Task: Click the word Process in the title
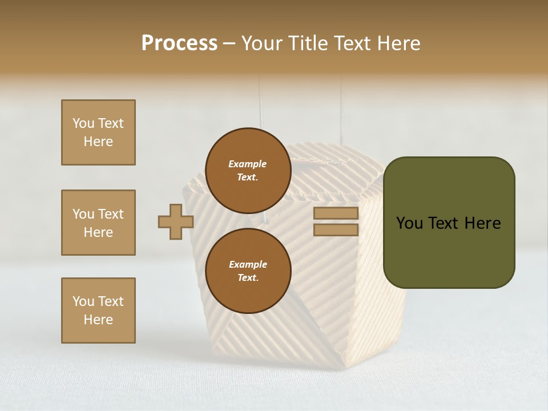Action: pyautogui.click(x=179, y=43)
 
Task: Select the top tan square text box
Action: pyautogui.click(x=98, y=132)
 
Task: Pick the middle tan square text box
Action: pyautogui.click(x=98, y=223)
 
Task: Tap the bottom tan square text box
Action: pyautogui.click(x=98, y=311)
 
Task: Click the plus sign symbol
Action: pyautogui.click(x=176, y=221)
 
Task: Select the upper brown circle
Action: pyautogui.click(x=248, y=170)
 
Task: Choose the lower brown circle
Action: pyautogui.click(x=248, y=271)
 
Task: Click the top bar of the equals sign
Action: pyautogui.click(x=336, y=213)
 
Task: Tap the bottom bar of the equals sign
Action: pyautogui.click(x=336, y=230)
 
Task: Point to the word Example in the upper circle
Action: pyautogui.click(x=248, y=164)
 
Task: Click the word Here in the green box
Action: pyautogui.click(x=482, y=223)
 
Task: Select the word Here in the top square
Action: pyautogui.click(x=98, y=142)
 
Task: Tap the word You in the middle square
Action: pyautogui.click(x=83, y=214)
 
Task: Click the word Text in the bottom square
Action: pyautogui.click(x=110, y=301)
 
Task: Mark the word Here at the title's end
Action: pyautogui.click(x=399, y=43)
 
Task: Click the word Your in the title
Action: pyautogui.click(x=261, y=43)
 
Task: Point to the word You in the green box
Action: pyautogui.click(x=409, y=223)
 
